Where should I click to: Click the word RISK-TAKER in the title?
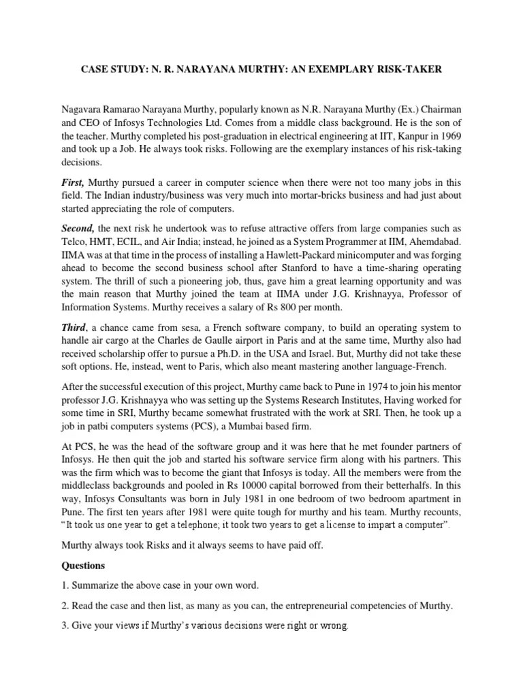[x=407, y=70]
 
